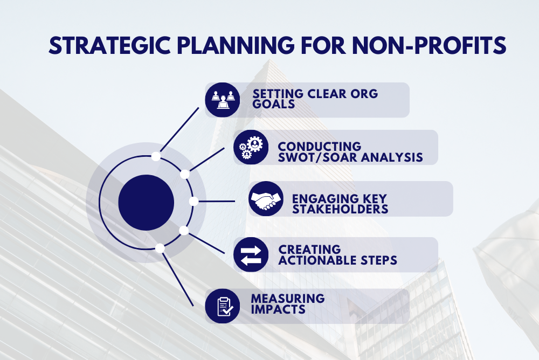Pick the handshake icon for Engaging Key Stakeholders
(266, 199)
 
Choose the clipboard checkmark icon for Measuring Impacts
(223, 306)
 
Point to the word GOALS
(274, 104)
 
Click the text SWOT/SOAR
(308, 157)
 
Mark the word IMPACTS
(278, 309)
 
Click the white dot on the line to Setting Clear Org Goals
(156, 156)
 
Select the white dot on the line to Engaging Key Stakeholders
(194, 202)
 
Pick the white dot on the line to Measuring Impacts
(160, 248)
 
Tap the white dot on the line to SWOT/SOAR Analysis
(184, 174)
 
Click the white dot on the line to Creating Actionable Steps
(184, 231)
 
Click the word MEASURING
(288, 299)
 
